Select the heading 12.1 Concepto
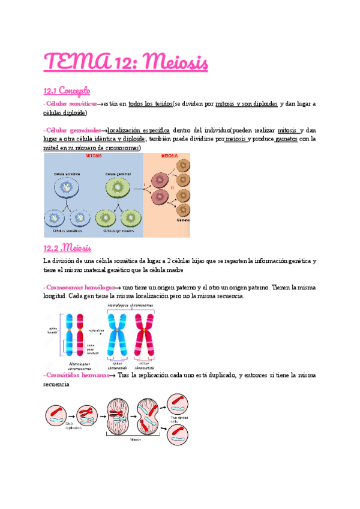coord(67,91)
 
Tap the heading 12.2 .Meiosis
coord(67,247)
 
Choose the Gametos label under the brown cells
coord(182,220)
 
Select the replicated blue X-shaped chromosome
coord(118,335)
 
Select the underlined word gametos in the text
coord(286,139)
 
